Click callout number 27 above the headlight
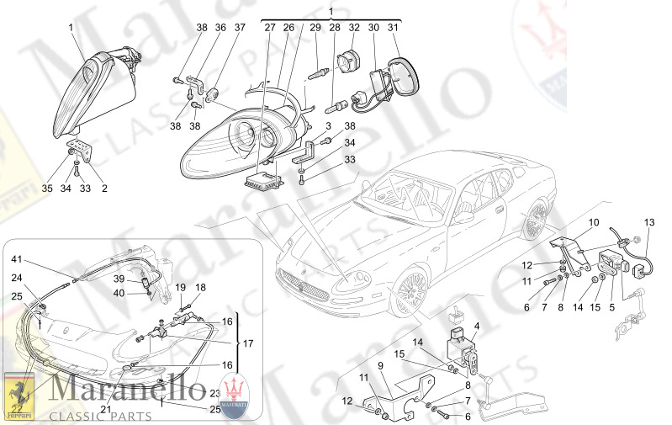coord(270,28)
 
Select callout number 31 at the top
coord(393,28)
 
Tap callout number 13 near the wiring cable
coord(648,222)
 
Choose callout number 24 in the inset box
coord(16,278)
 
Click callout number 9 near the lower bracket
coord(380,366)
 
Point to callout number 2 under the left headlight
coord(104,189)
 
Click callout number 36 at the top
coord(220,28)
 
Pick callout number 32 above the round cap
coord(353,28)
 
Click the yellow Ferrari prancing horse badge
coord(19,397)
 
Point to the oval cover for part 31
coord(401,72)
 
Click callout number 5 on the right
coord(611,309)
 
